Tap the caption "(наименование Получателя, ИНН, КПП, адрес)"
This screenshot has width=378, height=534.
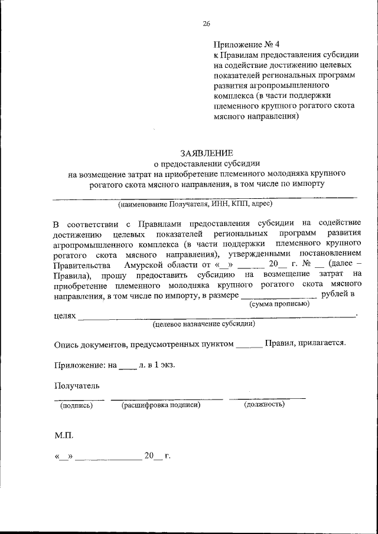coord(195,205)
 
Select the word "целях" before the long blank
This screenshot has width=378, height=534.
coord(64,316)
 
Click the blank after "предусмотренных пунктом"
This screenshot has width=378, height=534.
coord(248,343)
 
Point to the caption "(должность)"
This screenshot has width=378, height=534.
coord(264,404)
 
